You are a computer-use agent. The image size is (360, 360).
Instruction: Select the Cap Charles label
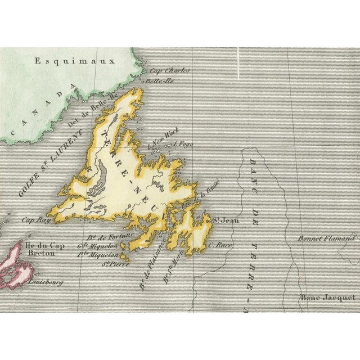(169, 71)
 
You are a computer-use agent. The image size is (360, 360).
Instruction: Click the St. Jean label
(220, 220)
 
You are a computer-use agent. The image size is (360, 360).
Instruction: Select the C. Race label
(220, 245)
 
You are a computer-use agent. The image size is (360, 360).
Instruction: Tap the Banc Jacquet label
(327, 298)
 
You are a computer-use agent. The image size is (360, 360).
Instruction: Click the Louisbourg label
(45, 282)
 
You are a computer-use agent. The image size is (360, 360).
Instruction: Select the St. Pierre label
(105, 263)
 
